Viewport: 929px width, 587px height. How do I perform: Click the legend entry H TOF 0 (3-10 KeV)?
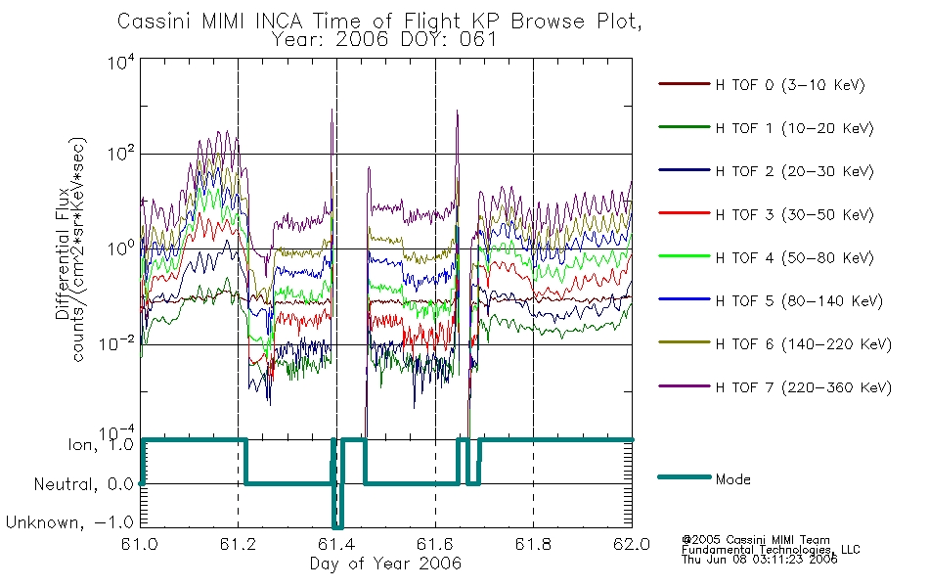coord(790,85)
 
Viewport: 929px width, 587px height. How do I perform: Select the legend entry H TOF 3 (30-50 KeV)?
coord(794,214)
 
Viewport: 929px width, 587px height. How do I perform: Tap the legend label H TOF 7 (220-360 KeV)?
coord(804,387)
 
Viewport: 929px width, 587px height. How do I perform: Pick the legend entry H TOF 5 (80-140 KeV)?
coord(799,301)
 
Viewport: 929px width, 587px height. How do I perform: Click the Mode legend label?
coord(732,479)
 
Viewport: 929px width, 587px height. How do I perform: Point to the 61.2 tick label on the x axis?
coord(238,544)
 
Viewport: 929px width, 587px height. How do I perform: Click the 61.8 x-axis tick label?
coord(533,544)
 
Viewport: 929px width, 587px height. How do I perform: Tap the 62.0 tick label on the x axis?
coord(632,544)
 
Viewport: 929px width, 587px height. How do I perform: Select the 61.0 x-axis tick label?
coord(140,544)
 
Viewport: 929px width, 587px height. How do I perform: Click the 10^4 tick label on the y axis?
coord(121,62)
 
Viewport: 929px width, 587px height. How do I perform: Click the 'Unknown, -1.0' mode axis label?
coord(69,522)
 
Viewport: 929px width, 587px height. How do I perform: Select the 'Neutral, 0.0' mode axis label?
coord(84,484)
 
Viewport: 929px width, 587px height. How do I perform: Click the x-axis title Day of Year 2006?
coord(385,564)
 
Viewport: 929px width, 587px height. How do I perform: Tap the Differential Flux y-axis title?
coord(63,252)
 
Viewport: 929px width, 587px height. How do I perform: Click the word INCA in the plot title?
coord(279,22)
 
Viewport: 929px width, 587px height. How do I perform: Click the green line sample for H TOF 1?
coord(685,127)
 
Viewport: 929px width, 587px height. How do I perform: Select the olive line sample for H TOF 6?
coord(685,342)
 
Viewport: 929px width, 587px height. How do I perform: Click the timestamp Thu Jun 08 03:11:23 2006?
coord(760,559)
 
